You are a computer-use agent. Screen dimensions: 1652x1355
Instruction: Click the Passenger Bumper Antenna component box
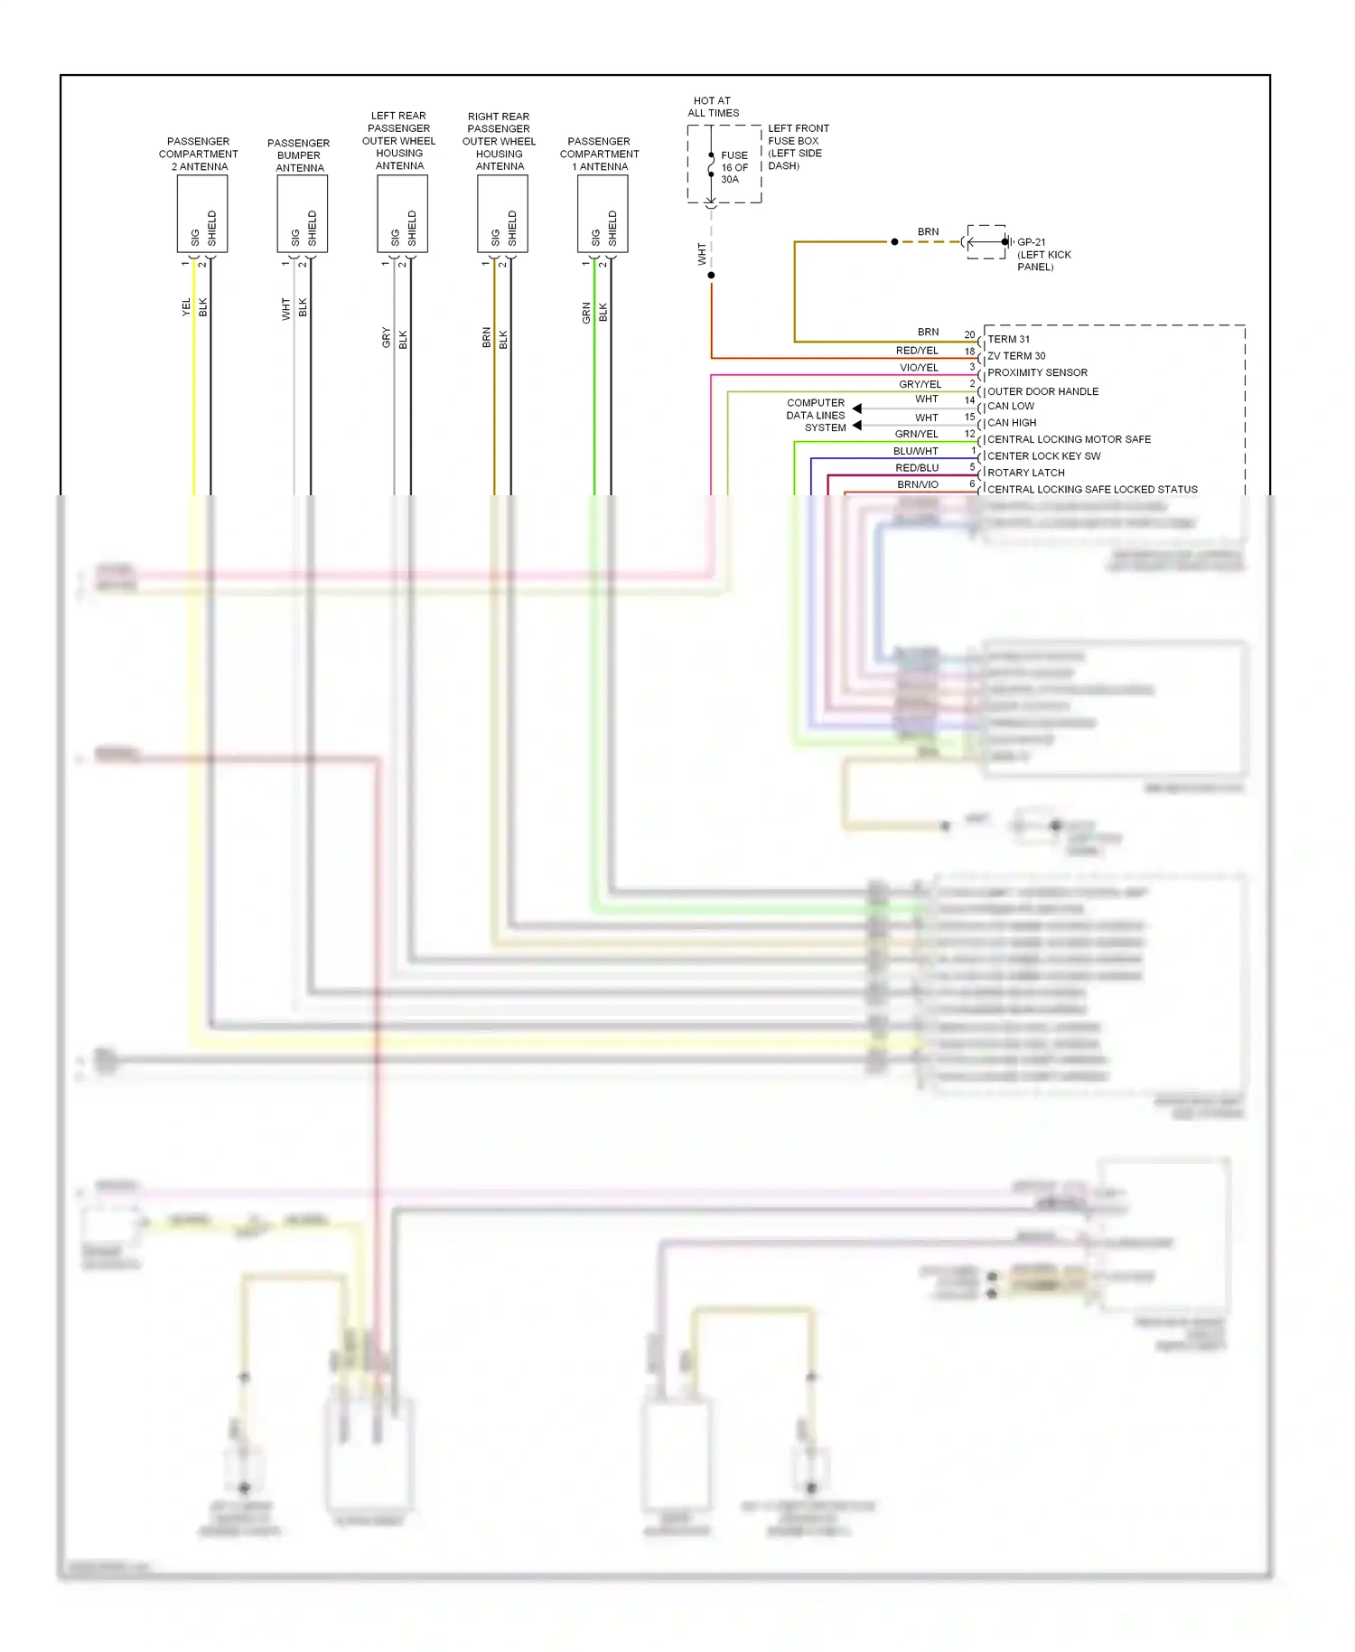pyautogui.click(x=302, y=213)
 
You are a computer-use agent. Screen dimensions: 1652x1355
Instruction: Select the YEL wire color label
pyautogui.click(x=186, y=307)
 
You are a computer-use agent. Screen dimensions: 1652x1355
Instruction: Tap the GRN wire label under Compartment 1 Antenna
pyautogui.click(x=586, y=313)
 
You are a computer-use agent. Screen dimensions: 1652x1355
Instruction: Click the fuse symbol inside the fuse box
pyautogui.click(x=712, y=165)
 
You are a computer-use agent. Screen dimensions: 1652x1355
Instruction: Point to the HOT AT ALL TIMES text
pyautogui.click(x=713, y=107)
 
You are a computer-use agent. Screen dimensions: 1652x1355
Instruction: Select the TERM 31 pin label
pyautogui.click(x=1008, y=339)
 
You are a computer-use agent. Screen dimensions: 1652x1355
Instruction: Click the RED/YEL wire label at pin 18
pyautogui.click(x=916, y=351)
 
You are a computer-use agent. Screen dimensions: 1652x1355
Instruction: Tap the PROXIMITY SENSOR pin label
pyautogui.click(x=1037, y=372)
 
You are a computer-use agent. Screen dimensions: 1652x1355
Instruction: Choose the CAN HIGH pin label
pyautogui.click(x=1012, y=422)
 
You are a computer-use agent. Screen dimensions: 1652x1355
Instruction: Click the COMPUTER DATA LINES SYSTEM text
pyautogui.click(x=816, y=415)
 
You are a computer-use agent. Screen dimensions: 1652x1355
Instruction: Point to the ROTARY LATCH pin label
pyautogui.click(x=1025, y=473)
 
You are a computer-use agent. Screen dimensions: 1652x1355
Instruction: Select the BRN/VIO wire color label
pyautogui.click(x=917, y=484)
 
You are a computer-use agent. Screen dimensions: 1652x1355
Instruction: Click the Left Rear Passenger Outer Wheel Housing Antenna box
pyautogui.click(x=402, y=213)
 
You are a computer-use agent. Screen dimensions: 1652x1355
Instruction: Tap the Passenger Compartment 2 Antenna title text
pyautogui.click(x=199, y=154)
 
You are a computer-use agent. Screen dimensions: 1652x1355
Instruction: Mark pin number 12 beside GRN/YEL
pyautogui.click(x=969, y=434)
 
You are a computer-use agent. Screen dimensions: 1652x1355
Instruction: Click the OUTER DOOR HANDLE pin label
pyautogui.click(x=1042, y=391)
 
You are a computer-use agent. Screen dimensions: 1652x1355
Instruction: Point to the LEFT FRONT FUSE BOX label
pyautogui.click(x=798, y=146)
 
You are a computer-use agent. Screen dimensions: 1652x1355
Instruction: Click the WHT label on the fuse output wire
pyautogui.click(x=701, y=254)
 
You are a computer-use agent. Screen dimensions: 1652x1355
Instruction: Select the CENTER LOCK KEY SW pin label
pyautogui.click(x=1043, y=455)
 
